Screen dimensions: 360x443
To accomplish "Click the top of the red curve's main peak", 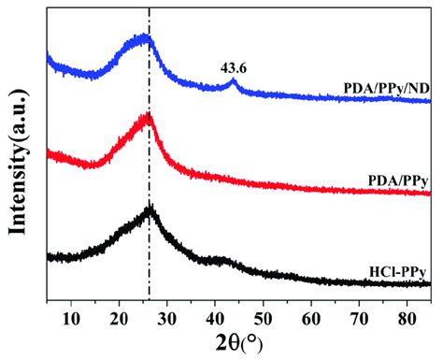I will [x=146, y=117].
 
